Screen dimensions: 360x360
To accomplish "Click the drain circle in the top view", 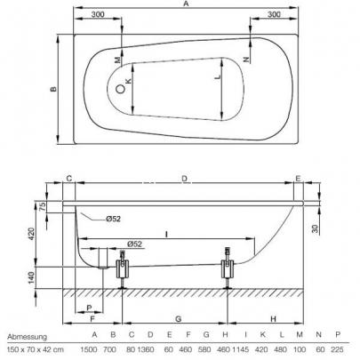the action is tap(120, 89).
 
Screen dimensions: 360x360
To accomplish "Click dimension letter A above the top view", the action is tap(186, 4).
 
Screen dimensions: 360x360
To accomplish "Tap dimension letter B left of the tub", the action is tap(53, 89).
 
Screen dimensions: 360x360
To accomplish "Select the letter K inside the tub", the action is tap(128, 81).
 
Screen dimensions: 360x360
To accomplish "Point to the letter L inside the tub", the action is tap(219, 76).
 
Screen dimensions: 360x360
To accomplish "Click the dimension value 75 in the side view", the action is tap(42, 206).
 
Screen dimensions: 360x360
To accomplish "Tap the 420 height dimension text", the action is tap(31, 234).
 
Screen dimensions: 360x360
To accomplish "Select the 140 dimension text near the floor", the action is tap(31, 277).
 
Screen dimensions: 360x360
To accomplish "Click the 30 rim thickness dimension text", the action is tap(315, 228).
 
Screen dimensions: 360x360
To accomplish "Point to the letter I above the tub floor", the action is tap(167, 235).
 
